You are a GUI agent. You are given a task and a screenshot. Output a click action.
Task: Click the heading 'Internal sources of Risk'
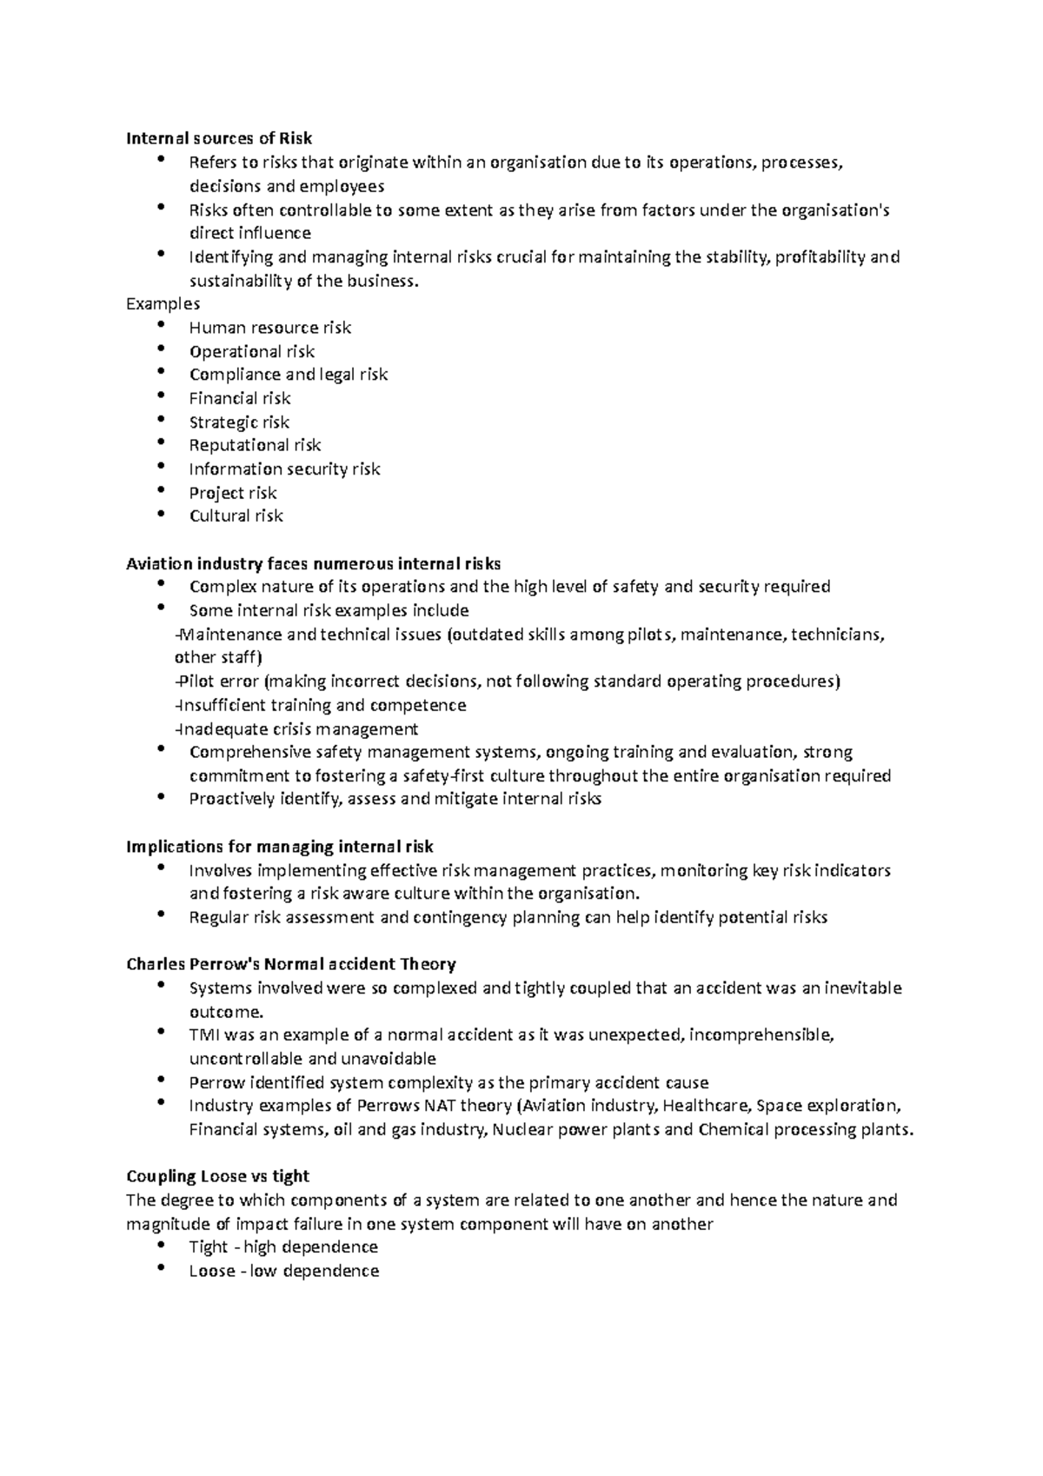pyautogui.click(x=219, y=138)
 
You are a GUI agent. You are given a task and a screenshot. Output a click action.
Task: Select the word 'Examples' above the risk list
pyautogui.click(x=163, y=303)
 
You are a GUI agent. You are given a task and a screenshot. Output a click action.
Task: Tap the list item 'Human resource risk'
pyautogui.click(x=269, y=328)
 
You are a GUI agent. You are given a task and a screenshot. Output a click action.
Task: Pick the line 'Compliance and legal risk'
pyautogui.click(x=288, y=375)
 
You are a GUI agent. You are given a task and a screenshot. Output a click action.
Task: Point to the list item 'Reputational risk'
pyautogui.click(x=255, y=445)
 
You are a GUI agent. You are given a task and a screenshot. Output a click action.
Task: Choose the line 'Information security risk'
pyautogui.click(x=284, y=469)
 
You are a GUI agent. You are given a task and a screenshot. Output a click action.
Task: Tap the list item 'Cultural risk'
pyautogui.click(x=236, y=515)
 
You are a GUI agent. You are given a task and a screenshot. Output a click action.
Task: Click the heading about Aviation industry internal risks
pyautogui.click(x=313, y=563)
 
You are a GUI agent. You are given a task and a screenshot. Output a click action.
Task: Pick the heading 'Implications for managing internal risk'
pyautogui.click(x=279, y=847)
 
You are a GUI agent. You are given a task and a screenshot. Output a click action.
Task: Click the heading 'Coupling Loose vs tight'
pyautogui.click(x=217, y=1176)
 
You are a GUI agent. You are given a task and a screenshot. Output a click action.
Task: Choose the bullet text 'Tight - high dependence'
pyautogui.click(x=283, y=1247)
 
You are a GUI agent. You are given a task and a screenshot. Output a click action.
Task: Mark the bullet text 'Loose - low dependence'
pyautogui.click(x=283, y=1271)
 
